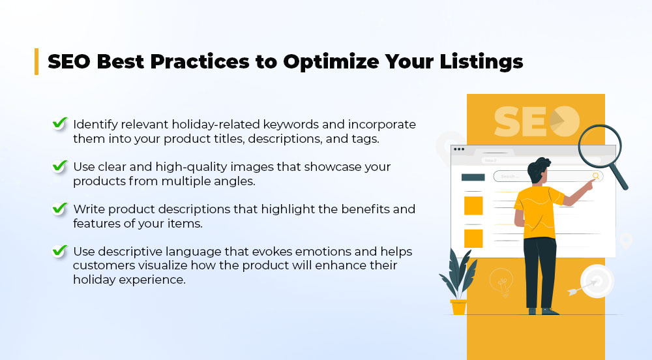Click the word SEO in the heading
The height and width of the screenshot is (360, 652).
[69, 61]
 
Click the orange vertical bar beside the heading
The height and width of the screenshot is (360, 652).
[37, 61]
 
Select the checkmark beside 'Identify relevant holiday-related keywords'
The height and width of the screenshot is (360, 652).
[60, 123]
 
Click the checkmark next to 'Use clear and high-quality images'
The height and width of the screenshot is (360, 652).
[60, 166]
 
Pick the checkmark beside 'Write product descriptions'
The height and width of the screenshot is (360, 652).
[60, 208]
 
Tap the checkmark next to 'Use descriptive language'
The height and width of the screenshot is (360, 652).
[60, 250]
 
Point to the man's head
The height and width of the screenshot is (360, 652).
[539, 170]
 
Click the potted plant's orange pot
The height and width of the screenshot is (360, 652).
[458, 307]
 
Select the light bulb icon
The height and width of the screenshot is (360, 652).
[501, 282]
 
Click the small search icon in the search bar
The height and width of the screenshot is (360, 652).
[596, 176]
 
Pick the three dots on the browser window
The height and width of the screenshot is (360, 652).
[459, 149]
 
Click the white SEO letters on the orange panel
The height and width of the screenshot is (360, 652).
[537, 121]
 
